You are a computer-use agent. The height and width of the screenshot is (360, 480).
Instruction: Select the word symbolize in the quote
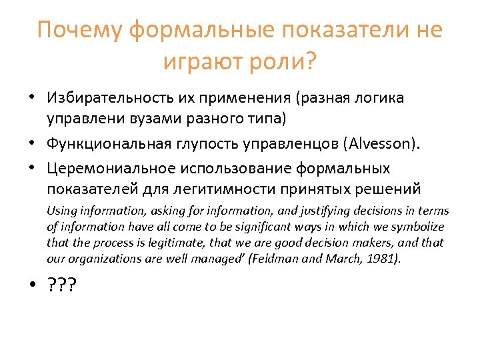tap(419, 227)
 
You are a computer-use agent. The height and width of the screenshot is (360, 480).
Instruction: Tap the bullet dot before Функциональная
tap(31, 143)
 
